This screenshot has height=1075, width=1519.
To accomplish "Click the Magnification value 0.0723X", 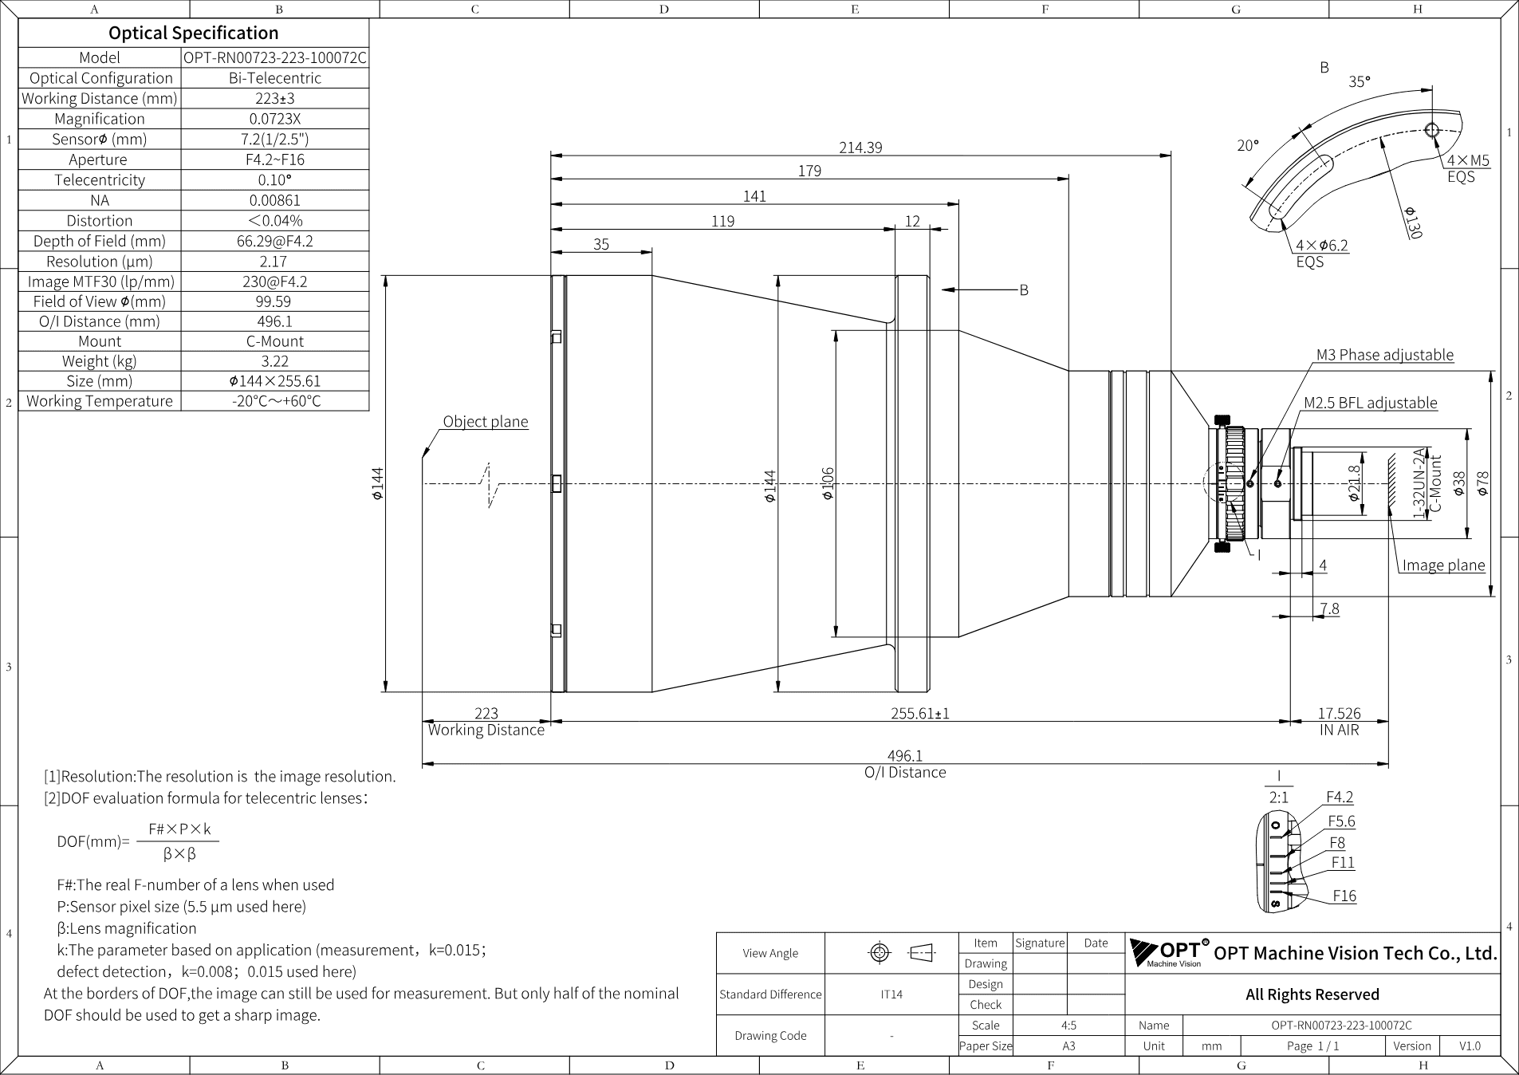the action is pos(275,119).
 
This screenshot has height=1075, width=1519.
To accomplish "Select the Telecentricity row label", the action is pos(100,179).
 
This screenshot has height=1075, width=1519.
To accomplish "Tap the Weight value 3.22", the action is pos(275,361).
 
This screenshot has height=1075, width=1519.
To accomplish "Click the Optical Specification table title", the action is pos(194,33).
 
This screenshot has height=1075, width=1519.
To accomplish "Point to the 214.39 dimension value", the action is pos(860,148).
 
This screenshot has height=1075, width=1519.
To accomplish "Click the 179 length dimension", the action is pos(809,171).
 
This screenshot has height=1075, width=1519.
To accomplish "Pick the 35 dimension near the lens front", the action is pos(601,244).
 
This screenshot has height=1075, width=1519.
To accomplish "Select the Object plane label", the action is pos(486,422).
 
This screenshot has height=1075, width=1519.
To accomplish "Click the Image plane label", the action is pos(1443,565).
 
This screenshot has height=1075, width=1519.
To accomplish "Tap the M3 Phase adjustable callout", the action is pos(1385,355).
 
